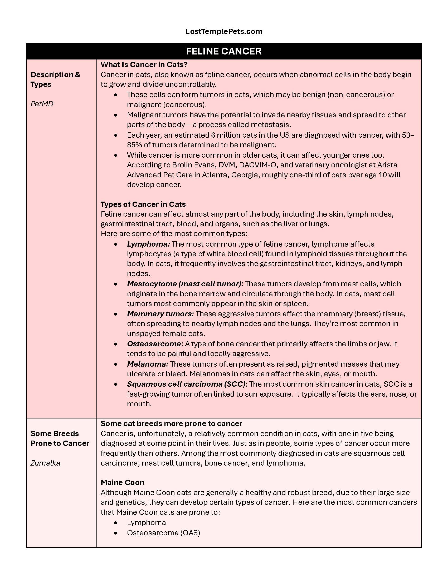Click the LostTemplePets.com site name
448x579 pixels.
[224, 32]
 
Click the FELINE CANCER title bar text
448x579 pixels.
[224, 51]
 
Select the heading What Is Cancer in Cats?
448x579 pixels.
[144, 65]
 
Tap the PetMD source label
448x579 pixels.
[42, 104]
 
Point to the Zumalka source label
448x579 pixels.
[45, 463]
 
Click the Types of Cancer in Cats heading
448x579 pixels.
[143, 204]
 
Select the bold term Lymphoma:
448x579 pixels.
[148, 244]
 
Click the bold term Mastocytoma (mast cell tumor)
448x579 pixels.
[184, 284]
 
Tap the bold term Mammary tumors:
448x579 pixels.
[160, 314]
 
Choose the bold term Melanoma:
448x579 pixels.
[148, 364]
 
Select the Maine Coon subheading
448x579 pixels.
[122, 482]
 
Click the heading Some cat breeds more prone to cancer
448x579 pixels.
[171, 423]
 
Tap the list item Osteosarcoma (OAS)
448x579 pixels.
[163, 533]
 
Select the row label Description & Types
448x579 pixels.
[55, 79]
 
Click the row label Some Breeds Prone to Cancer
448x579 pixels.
[60, 438]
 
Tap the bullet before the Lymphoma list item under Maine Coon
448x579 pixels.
[116, 523]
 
